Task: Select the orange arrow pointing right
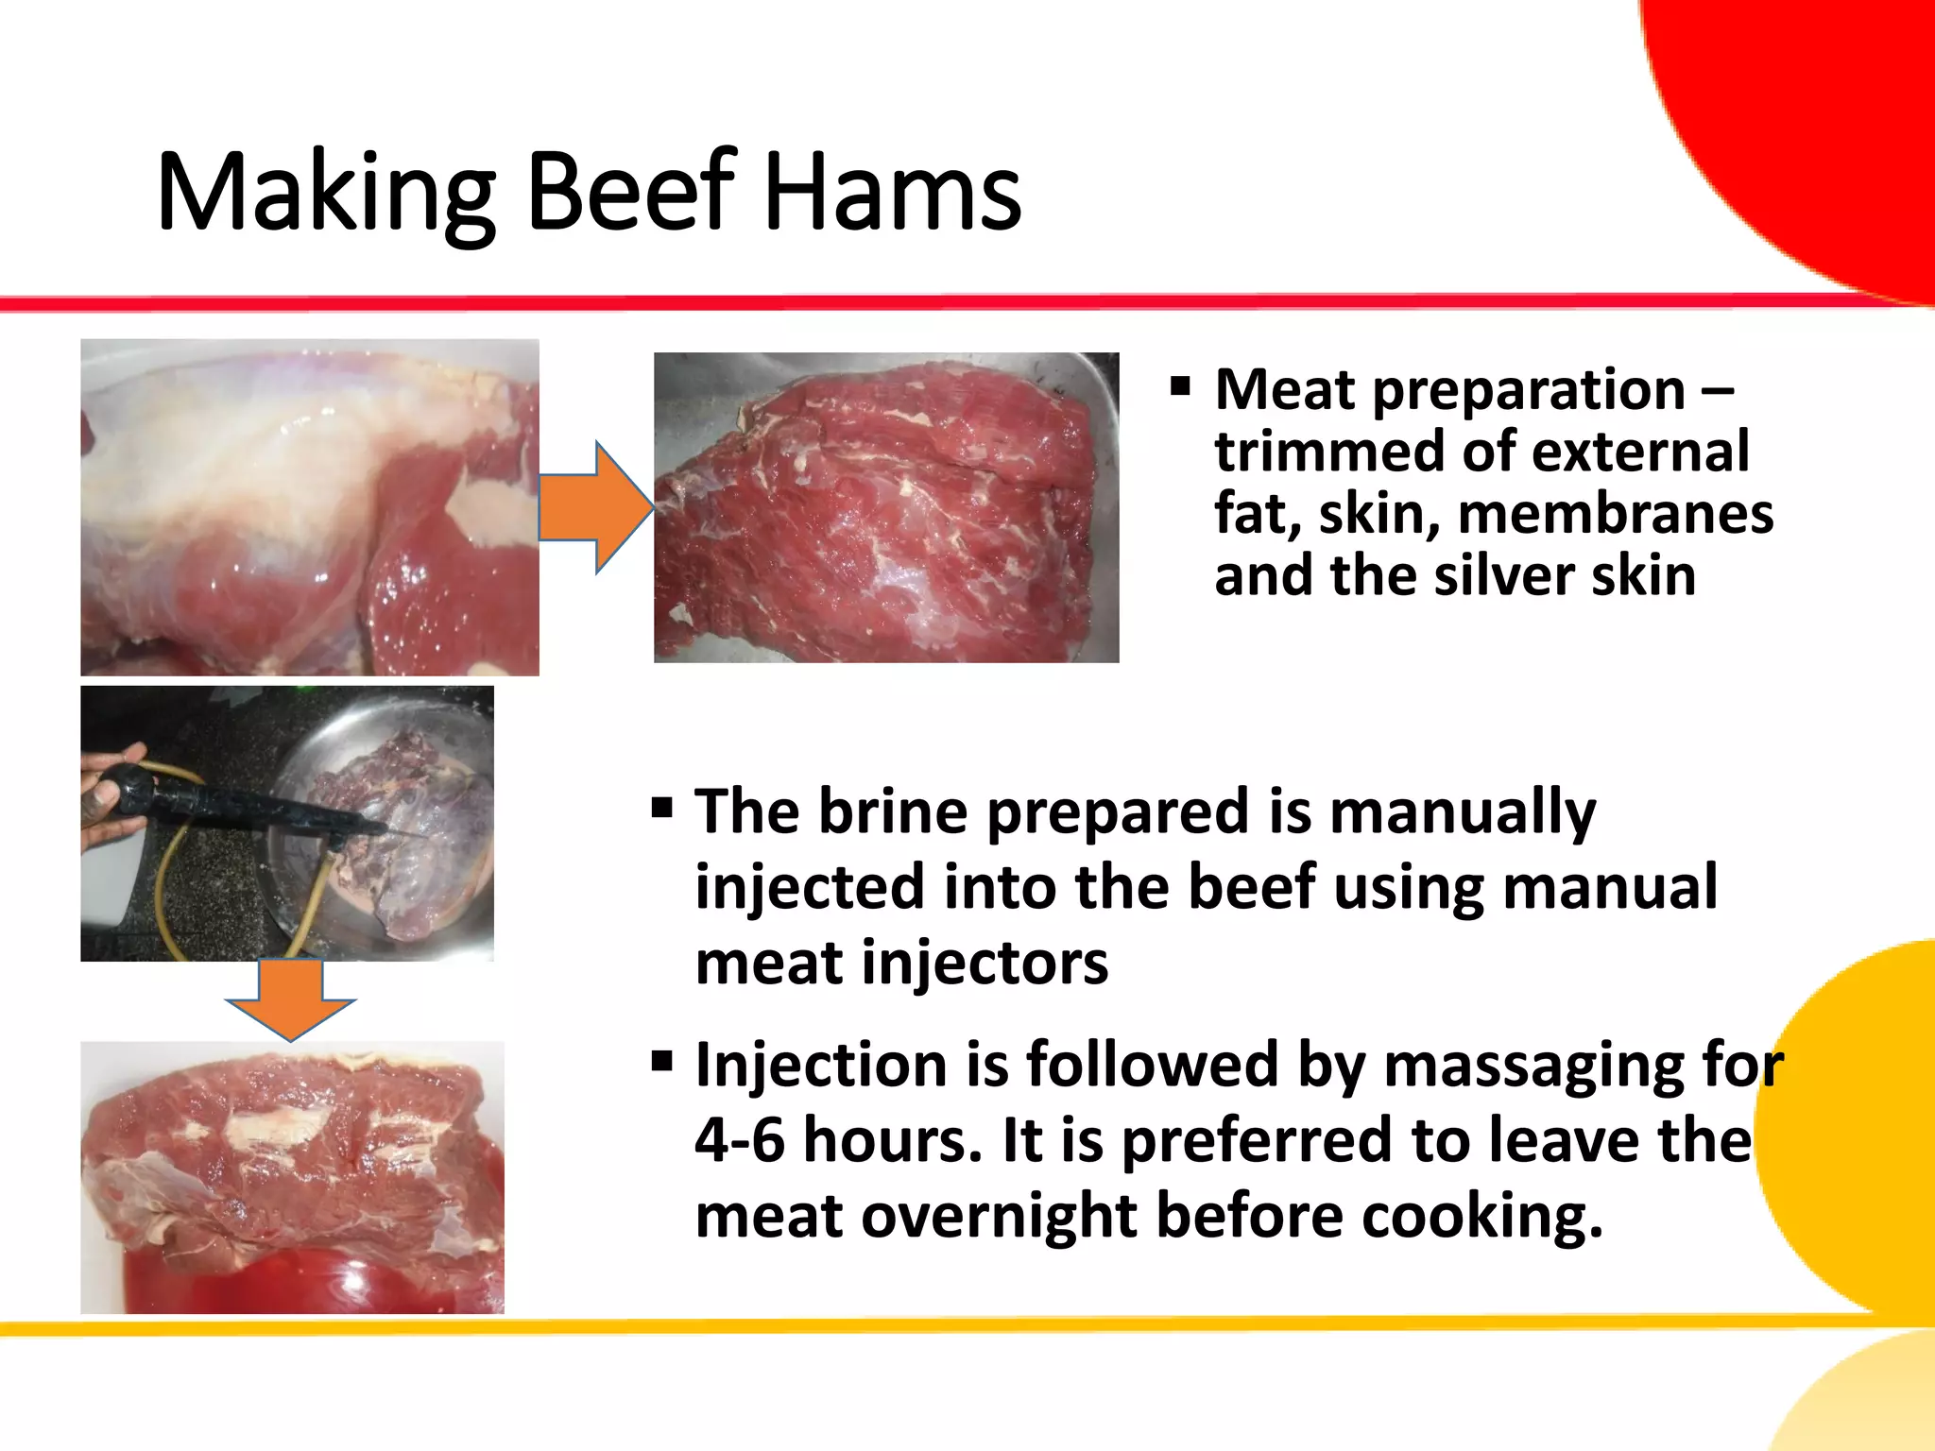click(596, 507)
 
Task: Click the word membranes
click(1615, 514)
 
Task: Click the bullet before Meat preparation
click(1179, 386)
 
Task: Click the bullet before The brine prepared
click(661, 808)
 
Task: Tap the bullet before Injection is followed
click(661, 1061)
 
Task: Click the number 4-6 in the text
click(739, 1140)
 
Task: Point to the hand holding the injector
click(109, 794)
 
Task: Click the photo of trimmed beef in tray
click(885, 507)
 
